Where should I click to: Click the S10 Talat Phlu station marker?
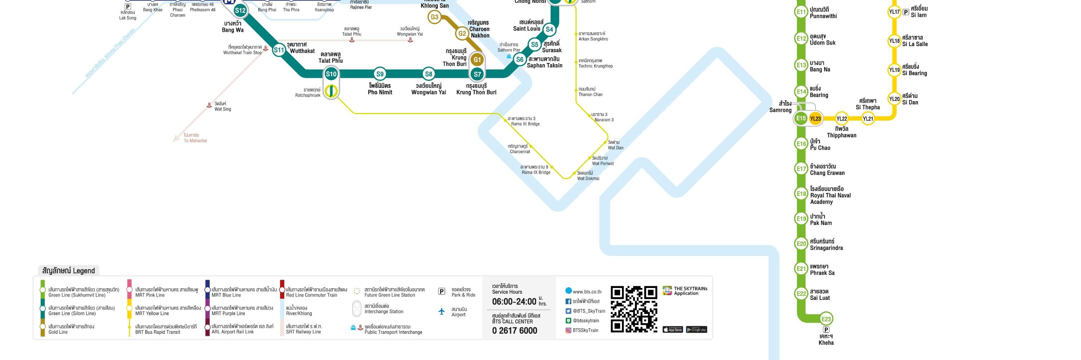click(x=331, y=74)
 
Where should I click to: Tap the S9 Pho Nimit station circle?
click(x=380, y=74)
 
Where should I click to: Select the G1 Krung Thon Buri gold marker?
click(x=477, y=59)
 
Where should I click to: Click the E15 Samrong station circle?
click(x=801, y=118)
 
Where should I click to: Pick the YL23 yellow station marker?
click(x=815, y=118)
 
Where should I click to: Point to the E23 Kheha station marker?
click(x=826, y=319)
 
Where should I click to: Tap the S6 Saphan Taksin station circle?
click(x=520, y=59)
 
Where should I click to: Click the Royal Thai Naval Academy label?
click(x=830, y=195)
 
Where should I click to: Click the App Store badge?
click(x=673, y=329)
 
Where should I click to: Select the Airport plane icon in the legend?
click(x=441, y=311)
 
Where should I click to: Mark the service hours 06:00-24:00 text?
click(x=514, y=302)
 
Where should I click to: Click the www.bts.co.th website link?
click(x=586, y=292)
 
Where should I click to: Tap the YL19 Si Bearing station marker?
click(x=894, y=70)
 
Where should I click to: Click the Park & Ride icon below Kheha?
click(x=826, y=329)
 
